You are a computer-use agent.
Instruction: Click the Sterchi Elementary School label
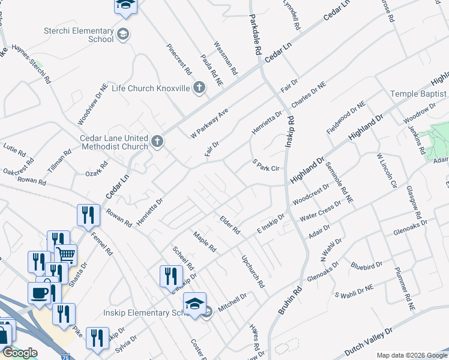79,35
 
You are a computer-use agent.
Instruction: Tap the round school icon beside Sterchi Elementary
123,34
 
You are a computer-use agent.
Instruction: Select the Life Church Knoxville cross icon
200,88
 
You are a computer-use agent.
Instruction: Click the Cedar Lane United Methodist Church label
114,142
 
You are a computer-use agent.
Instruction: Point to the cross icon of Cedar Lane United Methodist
157,142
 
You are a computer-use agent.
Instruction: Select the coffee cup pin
40,293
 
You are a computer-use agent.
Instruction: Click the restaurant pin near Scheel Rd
171,276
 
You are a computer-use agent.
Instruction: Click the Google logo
20,353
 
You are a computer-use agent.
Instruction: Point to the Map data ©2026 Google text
412,355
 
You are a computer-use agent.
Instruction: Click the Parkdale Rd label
255,36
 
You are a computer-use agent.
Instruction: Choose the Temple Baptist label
418,94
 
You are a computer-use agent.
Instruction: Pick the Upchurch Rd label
252,271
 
